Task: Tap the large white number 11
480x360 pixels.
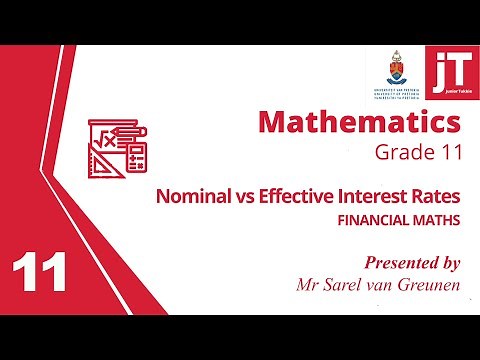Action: coord(40,272)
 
